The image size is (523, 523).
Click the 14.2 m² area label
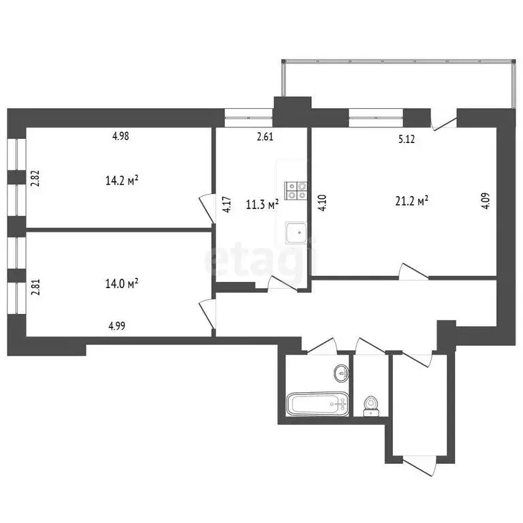(x=123, y=180)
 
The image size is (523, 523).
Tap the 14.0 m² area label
(x=123, y=283)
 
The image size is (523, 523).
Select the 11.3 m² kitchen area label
(x=261, y=205)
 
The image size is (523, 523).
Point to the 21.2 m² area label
(x=411, y=201)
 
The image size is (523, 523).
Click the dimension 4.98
(x=121, y=136)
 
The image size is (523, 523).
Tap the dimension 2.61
(x=265, y=137)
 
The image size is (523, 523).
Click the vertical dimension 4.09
(x=486, y=202)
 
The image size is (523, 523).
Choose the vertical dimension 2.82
(x=35, y=178)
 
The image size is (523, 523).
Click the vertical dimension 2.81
(x=35, y=284)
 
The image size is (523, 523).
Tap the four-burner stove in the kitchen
(x=296, y=190)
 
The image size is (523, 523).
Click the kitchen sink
(x=298, y=232)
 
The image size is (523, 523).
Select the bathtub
(x=317, y=405)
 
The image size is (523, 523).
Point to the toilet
(x=371, y=405)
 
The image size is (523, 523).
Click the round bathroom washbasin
(x=340, y=373)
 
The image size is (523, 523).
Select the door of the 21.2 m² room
(x=413, y=270)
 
